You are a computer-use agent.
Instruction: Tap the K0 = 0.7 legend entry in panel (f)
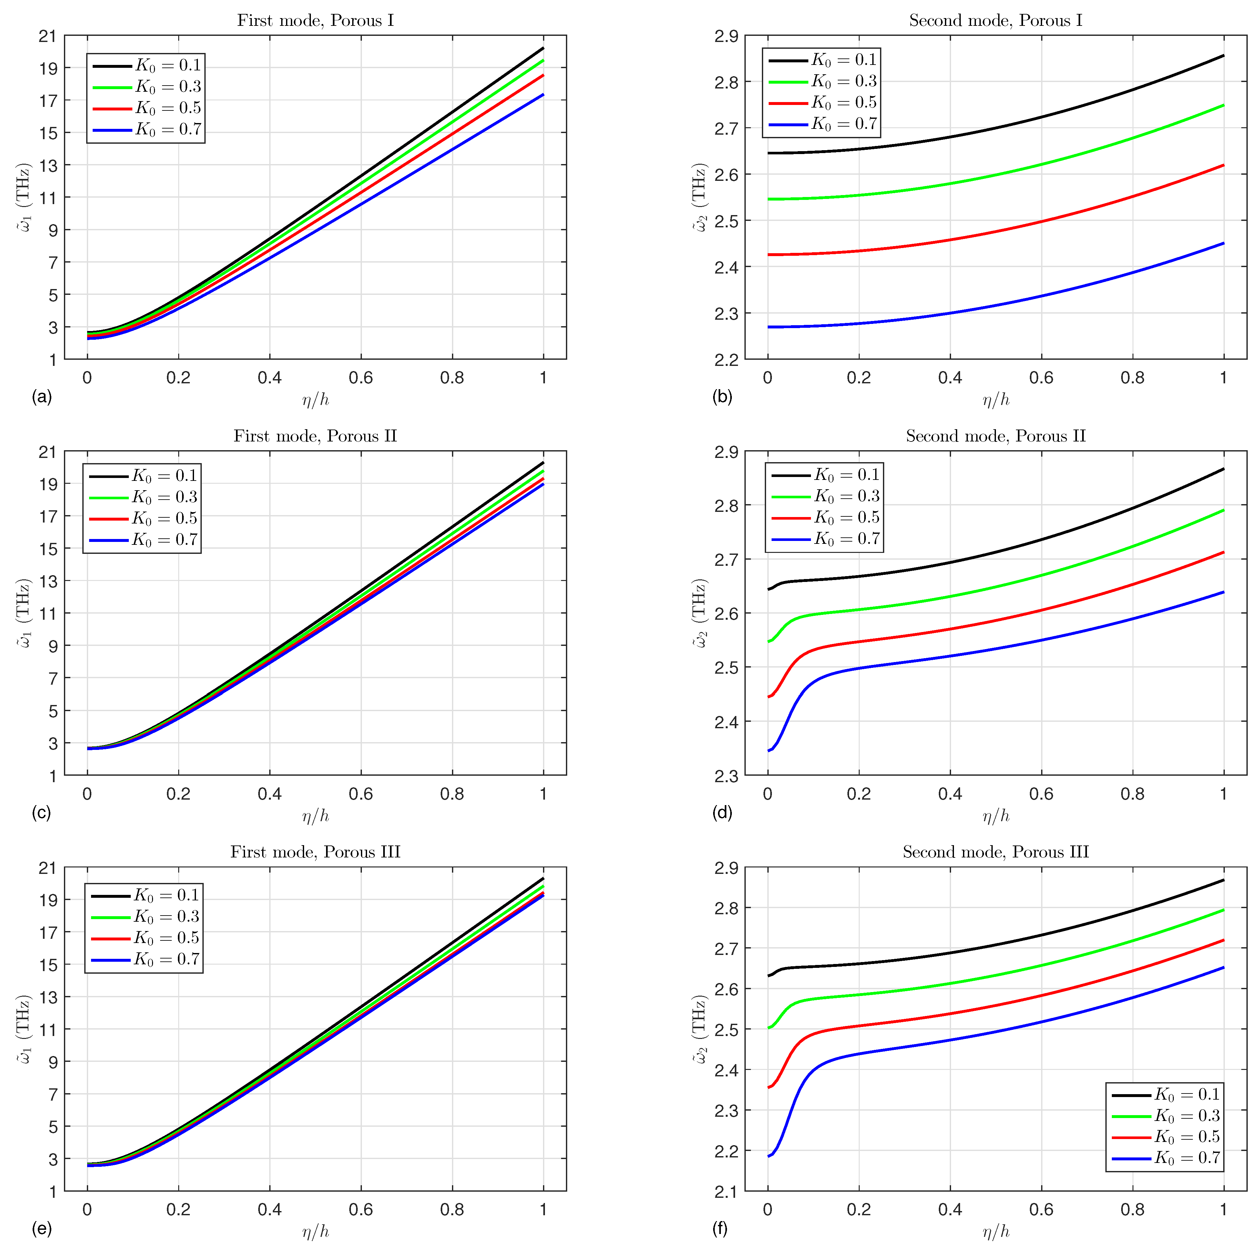pos(1165,1157)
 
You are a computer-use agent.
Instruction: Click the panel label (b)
pos(722,397)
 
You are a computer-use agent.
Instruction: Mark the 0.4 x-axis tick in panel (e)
pos(269,1210)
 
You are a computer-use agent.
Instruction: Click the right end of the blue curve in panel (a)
pos(543,95)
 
